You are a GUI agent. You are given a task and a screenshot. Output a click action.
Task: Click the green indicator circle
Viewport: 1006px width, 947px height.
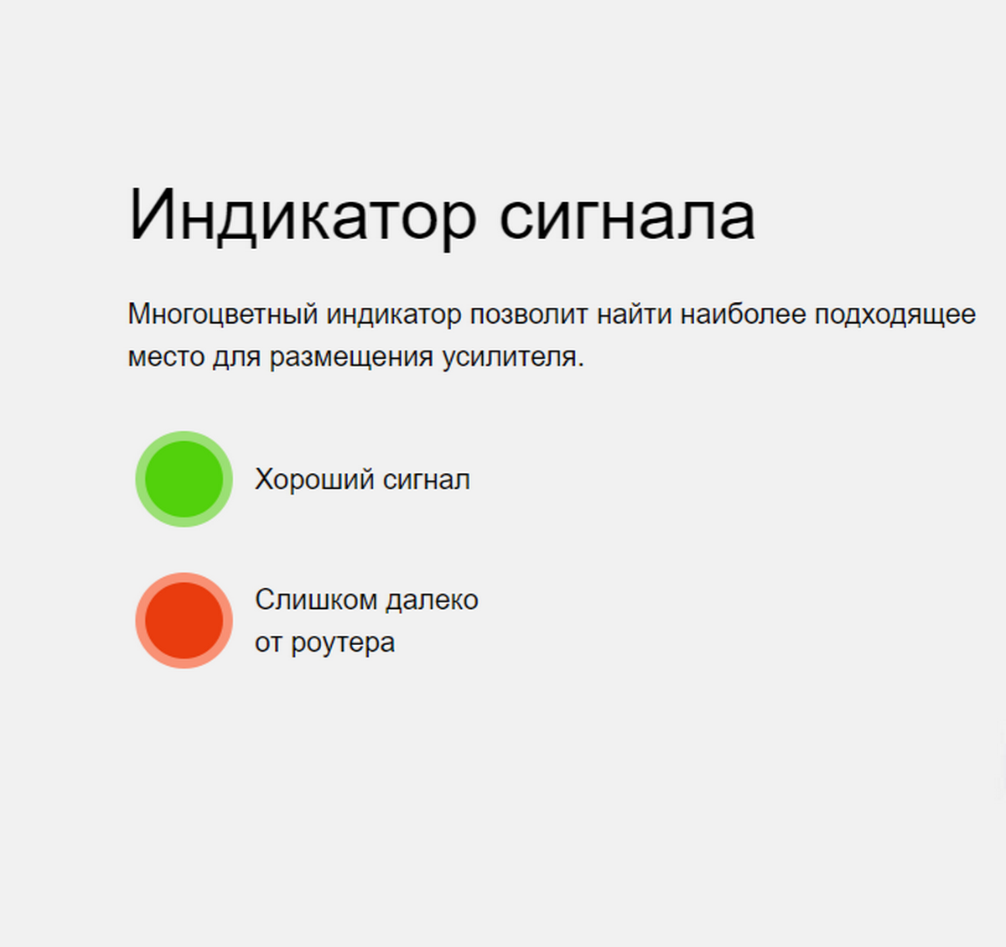[184, 479]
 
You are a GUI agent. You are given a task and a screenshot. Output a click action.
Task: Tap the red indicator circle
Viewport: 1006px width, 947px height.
[184, 621]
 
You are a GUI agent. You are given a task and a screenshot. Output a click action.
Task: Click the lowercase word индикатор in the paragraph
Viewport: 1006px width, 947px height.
[393, 315]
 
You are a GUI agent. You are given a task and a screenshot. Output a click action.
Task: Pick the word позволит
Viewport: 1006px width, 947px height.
[529, 315]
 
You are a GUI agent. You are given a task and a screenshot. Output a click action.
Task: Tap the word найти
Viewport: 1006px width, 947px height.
[634, 314]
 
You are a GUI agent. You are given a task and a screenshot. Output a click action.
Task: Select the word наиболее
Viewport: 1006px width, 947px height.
[743, 314]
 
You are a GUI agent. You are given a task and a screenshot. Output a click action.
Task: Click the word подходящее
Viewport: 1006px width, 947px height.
[895, 315]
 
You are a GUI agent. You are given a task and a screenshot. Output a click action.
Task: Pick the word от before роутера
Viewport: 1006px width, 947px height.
[268, 643]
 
